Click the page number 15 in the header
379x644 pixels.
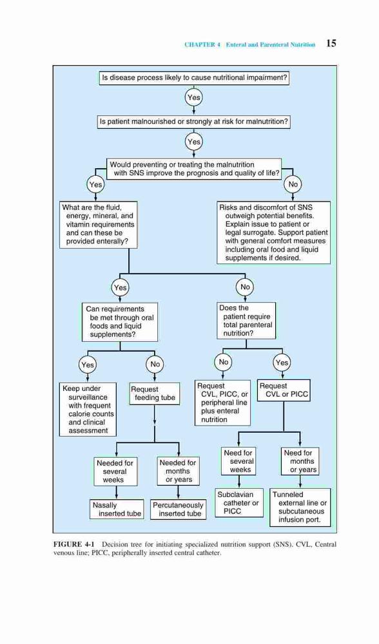click(x=331, y=43)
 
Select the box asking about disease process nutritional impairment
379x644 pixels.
click(x=194, y=78)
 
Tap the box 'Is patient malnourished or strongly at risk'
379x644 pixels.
click(x=193, y=122)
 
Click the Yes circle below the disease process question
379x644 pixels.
click(x=193, y=97)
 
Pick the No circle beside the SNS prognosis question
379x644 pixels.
click(x=293, y=184)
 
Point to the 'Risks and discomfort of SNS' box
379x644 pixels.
click(x=273, y=232)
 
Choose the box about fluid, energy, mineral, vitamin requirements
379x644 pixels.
click(x=98, y=225)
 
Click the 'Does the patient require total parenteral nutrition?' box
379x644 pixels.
click(x=246, y=321)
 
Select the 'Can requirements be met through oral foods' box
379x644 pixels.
click(x=120, y=322)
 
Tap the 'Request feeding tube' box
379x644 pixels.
click(x=155, y=393)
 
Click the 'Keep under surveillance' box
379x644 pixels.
click(x=88, y=410)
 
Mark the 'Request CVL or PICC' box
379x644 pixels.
click(x=284, y=390)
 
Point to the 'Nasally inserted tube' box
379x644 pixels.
click(x=117, y=509)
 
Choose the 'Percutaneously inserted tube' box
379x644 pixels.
click(x=178, y=509)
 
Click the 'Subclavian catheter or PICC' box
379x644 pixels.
click(x=239, y=503)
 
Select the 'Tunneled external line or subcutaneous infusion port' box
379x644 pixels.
click(x=300, y=507)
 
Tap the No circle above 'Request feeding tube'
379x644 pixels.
click(x=155, y=364)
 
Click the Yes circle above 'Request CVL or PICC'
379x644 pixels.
click(x=282, y=362)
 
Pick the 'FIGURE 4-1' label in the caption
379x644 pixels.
click(x=74, y=545)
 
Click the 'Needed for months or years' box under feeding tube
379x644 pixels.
click(x=178, y=471)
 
